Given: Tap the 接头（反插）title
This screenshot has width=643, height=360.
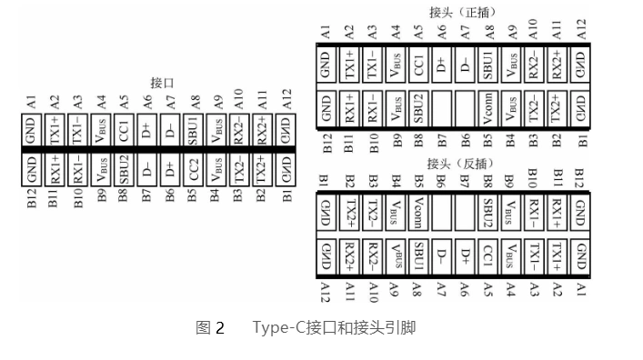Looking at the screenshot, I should pyautogui.click(x=457, y=165).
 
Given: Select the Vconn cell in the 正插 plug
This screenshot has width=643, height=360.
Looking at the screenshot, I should pyautogui.click(x=489, y=109).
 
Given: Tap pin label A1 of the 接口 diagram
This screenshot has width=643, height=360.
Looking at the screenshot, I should pyautogui.click(x=32, y=101).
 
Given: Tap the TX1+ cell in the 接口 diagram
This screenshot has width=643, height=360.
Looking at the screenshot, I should pyautogui.click(x=55, y=135).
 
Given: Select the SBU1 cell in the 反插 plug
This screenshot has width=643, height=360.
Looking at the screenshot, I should pyautogui.click(x=418, y=252).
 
